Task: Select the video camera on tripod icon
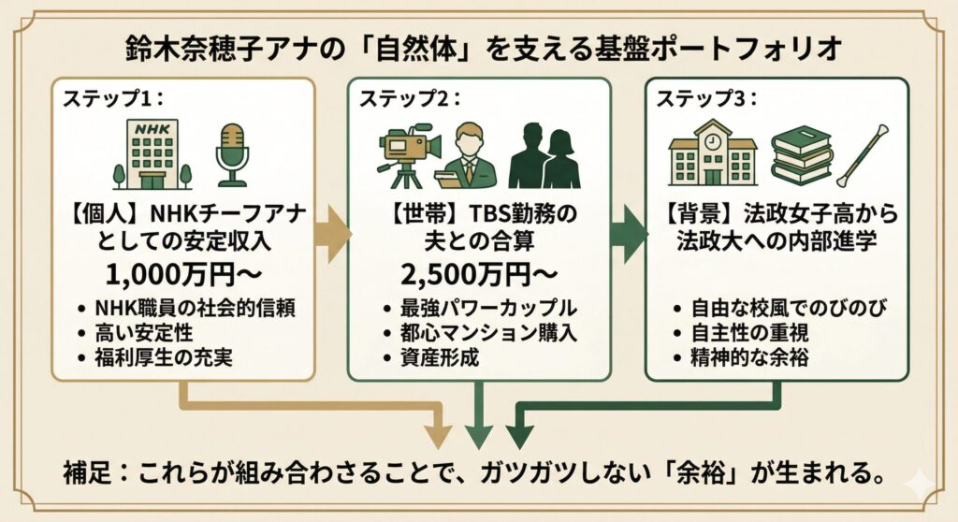click(408, 153)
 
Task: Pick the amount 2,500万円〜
click(478, 279)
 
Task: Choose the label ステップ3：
click(701, 97)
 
